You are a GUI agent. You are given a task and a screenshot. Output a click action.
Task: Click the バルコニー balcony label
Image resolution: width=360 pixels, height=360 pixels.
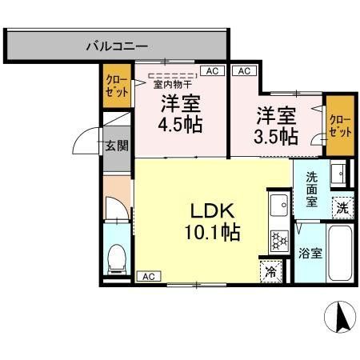(117, 46)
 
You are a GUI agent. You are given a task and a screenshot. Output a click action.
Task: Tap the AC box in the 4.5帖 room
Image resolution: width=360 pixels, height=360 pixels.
(212, 71)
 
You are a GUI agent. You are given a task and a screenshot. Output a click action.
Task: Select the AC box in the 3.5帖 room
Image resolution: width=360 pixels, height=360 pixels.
(244, 71)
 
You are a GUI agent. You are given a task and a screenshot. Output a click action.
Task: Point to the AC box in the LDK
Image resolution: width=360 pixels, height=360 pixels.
(149, 276)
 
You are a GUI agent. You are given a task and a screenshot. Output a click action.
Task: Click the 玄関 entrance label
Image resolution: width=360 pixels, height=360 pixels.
(117, 146)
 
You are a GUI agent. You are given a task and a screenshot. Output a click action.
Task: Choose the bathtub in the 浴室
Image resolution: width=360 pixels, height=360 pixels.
(340, 253)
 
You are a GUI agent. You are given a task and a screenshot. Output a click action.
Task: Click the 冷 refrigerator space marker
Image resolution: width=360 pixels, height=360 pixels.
(270, 271)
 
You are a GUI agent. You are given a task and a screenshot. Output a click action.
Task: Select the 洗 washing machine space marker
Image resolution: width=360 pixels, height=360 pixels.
(342, 208)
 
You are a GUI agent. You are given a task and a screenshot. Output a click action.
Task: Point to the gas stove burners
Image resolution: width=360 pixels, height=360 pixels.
(279, 242)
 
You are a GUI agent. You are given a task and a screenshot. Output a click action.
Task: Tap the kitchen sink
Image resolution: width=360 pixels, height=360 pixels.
(279, 205)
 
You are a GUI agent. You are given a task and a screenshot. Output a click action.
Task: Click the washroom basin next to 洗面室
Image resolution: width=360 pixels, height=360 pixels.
(338, 173)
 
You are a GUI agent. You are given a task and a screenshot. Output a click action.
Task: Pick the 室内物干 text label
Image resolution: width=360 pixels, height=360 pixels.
(173, 85)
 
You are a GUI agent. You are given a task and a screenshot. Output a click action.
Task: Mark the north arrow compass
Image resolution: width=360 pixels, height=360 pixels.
(340, 317)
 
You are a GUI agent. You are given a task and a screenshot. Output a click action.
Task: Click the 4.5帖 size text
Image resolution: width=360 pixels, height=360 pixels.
(180, 125)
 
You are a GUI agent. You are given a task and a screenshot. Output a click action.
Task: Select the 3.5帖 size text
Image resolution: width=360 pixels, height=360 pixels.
(276, 136)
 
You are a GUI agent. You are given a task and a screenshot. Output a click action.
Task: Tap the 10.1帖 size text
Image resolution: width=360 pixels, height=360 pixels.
(213, 232)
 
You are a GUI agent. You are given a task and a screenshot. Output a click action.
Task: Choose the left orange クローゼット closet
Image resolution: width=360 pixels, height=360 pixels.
(117, 86)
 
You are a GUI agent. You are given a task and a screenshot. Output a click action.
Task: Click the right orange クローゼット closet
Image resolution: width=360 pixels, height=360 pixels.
(340, 126)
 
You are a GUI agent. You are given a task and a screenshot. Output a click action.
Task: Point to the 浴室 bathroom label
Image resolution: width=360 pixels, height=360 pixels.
(310, 253)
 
